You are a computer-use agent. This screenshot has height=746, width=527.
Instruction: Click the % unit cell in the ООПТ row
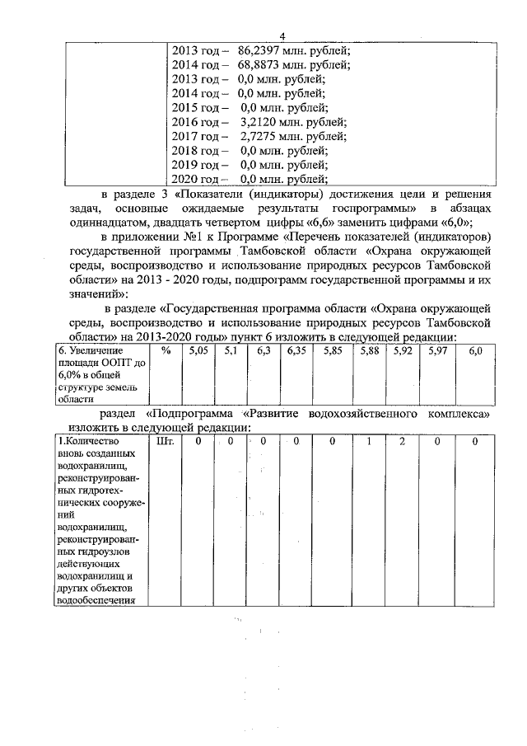pos(166,352)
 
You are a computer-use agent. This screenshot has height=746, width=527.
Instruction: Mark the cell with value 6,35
pos(296,352)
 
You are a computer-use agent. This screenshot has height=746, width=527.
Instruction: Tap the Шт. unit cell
pos(166,443)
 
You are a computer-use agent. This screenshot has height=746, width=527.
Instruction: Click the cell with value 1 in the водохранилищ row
pos(370,443)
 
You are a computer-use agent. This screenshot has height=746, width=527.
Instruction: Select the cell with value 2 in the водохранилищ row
pos(403,443)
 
